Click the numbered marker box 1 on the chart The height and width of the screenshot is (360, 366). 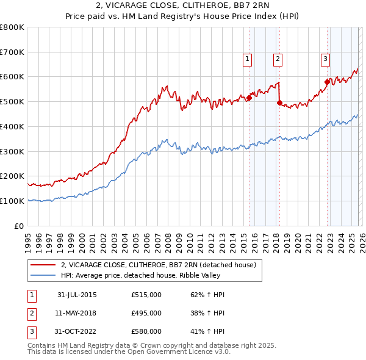pos(248,59)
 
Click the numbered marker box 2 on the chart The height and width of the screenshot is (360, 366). pos(278,59)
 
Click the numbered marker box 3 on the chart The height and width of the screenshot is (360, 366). pos(325,59)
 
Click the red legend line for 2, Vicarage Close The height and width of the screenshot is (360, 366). pos(43,265)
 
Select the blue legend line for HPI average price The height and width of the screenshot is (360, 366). pos(43,275)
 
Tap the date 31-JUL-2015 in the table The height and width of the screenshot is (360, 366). pos(77,295)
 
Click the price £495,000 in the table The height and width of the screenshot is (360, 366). pos(146,313)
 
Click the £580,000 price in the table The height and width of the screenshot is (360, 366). pos(146,331)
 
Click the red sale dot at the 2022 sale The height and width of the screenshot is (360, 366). pos(328,82)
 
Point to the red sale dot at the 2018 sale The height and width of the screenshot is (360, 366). pos(279,103)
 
